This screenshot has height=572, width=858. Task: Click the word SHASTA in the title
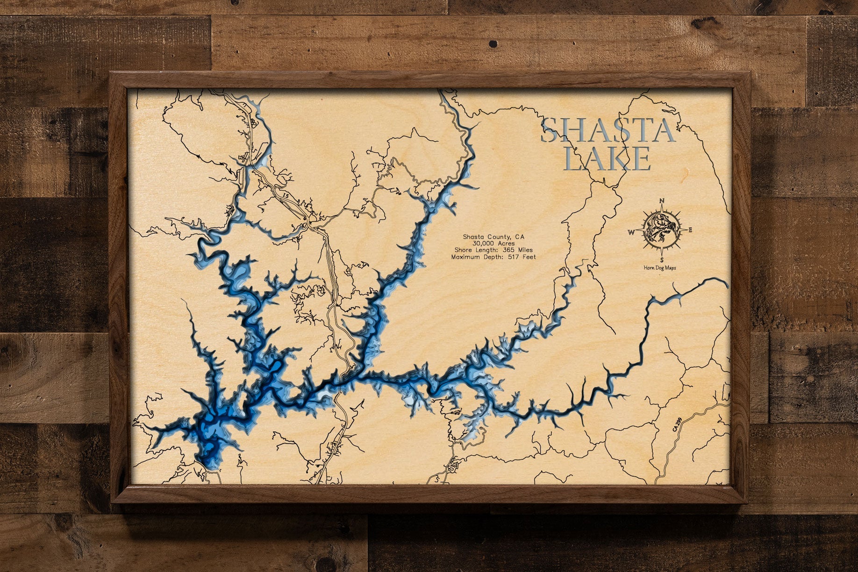pos(608,131)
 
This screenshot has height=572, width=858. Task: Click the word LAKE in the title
pos(607,159)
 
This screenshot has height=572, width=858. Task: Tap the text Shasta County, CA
pos(493,237)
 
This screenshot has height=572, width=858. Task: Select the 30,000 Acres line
pos(493,243)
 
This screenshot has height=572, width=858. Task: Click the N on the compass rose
pos(662,201)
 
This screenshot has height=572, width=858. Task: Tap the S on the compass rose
pos(662,260)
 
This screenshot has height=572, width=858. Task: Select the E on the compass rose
pos(690,230)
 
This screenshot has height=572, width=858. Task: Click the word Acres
pos(506,243)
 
